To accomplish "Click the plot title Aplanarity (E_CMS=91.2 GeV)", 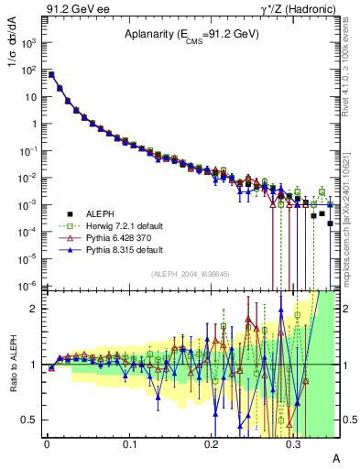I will point(192,35).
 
